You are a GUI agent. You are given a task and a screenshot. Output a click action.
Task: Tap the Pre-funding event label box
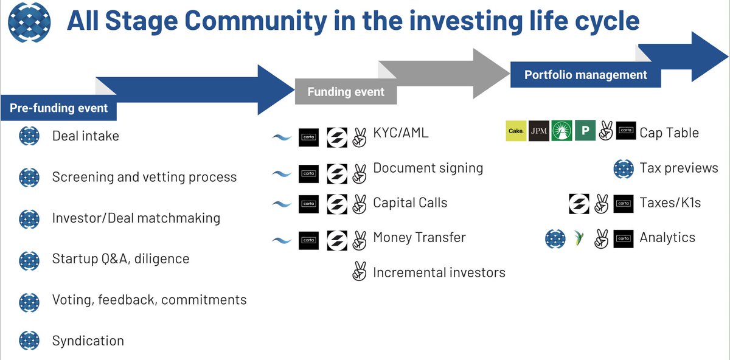click(58, 108)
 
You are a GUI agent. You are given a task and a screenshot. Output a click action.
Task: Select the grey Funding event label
click(346, 92)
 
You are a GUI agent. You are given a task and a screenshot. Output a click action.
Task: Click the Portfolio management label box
click(585, 75)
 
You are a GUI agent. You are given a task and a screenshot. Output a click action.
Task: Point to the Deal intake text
click(86, 136)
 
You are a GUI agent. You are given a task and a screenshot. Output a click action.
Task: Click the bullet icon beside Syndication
click(29, 341)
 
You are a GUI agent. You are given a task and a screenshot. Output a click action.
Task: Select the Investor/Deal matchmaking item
click(136, 218)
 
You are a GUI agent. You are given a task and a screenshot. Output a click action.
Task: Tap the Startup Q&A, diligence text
click(120, 258)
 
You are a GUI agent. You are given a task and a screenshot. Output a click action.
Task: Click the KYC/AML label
click(400, 133)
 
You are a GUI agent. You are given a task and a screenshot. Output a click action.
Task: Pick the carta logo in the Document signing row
click(308, 173)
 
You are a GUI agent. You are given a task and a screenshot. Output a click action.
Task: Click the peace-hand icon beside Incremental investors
click(360, 272)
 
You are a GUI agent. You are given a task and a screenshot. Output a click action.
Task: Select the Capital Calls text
click(410, 202)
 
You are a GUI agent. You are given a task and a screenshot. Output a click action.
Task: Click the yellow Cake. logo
click(516, 132)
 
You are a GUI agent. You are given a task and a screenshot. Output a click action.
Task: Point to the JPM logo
click(538, 132)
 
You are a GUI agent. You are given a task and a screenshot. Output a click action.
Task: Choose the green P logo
click(585, 132)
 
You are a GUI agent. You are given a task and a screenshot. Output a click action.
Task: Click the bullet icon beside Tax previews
click(624, 168)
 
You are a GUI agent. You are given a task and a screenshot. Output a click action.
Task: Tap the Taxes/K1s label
click(670, 203)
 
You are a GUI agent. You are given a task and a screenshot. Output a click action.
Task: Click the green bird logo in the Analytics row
click(579, 238)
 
